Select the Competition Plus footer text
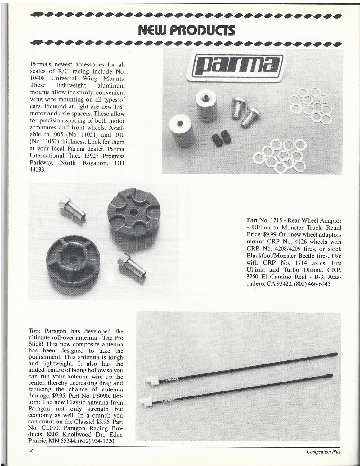click(x=323, y=452)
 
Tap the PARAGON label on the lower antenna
click(x=167, y=402)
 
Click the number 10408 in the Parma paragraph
click(x=38, y=78)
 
